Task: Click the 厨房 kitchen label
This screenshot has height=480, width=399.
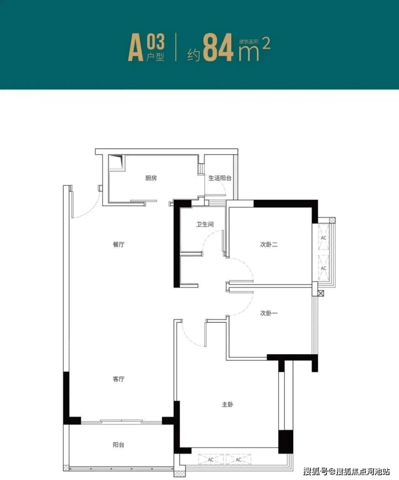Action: pyautogui.click(x=151, y=178)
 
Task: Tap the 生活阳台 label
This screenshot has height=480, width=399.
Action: pyautogui.click(x=220, y=178)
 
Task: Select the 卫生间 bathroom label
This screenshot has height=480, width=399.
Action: pyautogui.click(x=205, y=225)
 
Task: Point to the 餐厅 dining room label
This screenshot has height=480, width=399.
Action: pyautogui.click(x=119, y=244)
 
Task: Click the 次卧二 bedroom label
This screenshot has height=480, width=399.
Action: pyautogui.click(x=269, y=244)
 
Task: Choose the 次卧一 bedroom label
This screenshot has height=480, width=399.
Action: pyautogui.click(x=269, y=313)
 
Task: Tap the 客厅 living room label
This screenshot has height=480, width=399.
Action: pyautogui.click(x=119, y=379)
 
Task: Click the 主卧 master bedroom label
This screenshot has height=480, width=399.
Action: pyautogui.click(x=228, y=404)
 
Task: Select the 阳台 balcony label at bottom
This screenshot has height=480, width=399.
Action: pyautogui.click(x=119, y=444)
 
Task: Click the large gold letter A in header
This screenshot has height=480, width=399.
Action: pyautogui.click(x=136, y=48)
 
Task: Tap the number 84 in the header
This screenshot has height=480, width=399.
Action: pyautogui.click(x=218, y=48)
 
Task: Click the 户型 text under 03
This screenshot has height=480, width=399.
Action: pyautogui.click(x=155, y=57)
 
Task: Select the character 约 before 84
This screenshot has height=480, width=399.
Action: pyautogui.click(x=194, y=55)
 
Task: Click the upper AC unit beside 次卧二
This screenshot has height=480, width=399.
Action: pyautogui.click(x=324, y=237)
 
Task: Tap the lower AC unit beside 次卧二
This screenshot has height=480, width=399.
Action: pyautogui.click(x=324, y=268)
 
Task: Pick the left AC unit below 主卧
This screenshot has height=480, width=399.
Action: pyautogui.click(x=211, y=459)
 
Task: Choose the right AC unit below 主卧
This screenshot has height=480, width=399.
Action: pyautogui.click(x=238, y=459)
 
